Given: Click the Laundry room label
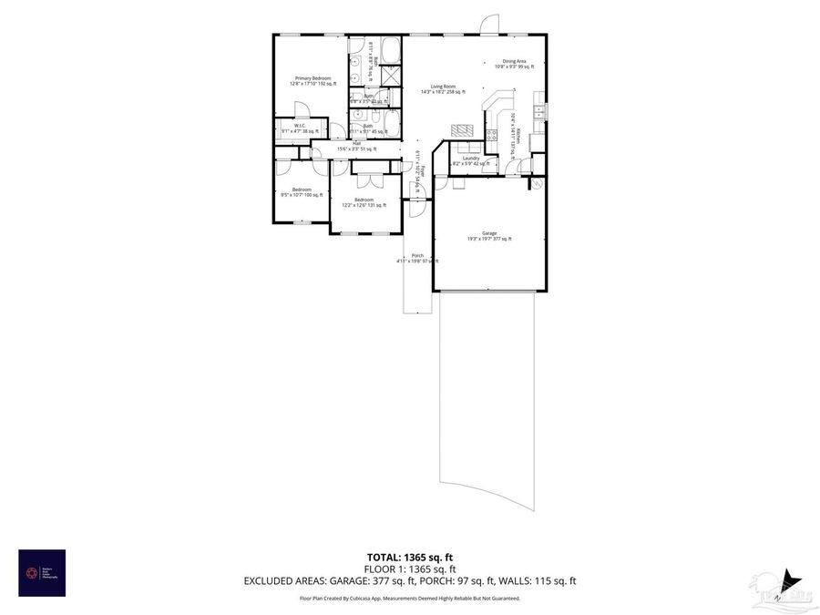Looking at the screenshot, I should (x=470, y=159).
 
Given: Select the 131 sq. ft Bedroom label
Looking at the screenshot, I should (x=364, y=201).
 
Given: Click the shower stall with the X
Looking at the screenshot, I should (x=391, y=75).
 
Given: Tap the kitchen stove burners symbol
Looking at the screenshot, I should (x=492, y=137).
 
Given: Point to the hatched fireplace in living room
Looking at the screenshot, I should (x=463, y=128).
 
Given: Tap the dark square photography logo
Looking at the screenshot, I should (x=41, y=573).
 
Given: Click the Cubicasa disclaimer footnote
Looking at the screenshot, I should (x=409, y=599).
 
